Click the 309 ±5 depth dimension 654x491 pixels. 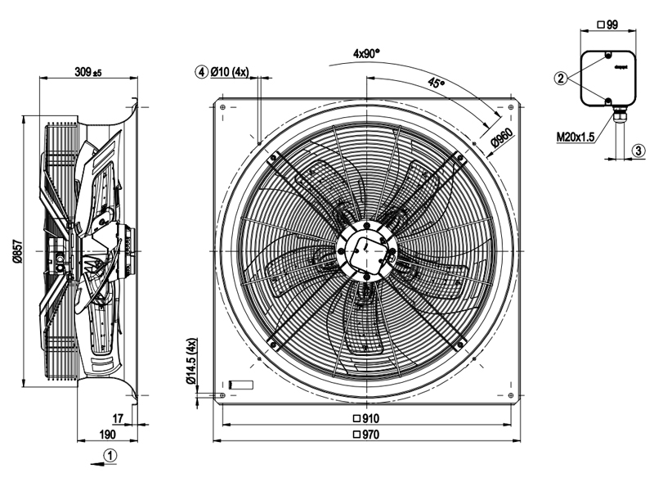point(87,73)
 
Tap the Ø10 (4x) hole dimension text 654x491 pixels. point(229,72)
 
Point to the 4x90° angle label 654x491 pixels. point(367,53)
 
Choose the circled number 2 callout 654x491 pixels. point(560,79)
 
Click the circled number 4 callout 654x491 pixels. point(200,72)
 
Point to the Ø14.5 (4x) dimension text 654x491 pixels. point(190,362)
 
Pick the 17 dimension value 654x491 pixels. point(118,419)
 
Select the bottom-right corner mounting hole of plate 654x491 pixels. point(512,397)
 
